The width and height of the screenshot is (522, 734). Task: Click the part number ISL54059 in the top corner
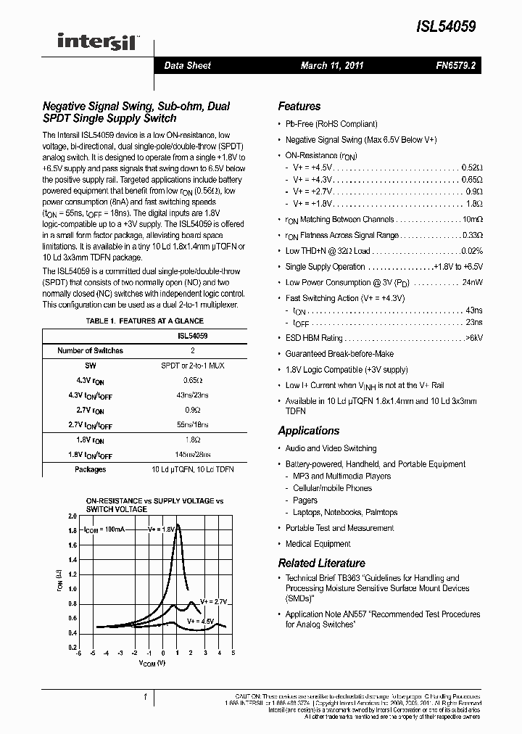coord(445,27)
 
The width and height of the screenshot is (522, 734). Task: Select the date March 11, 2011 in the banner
coord(332,66)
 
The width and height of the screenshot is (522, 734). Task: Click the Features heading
coord(299,106)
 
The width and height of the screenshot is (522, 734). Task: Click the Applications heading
coord(308,431)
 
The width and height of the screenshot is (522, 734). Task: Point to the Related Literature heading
coord(321,563)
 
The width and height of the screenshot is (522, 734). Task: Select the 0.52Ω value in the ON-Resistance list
coord(472,168)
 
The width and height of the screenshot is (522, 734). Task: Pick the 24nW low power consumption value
coord(471,283)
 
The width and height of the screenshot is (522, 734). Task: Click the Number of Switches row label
coord(90,350)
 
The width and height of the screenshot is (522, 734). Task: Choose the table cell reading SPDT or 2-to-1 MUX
coord(192,366)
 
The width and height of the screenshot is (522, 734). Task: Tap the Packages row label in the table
coord(90,469)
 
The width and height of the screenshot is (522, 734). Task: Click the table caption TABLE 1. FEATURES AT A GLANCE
coord(145,321)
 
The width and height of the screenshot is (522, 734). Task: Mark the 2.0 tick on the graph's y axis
coord(72,516)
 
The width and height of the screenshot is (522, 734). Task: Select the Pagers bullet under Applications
coord(304,500)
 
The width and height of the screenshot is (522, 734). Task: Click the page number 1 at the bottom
coord(146,698)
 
